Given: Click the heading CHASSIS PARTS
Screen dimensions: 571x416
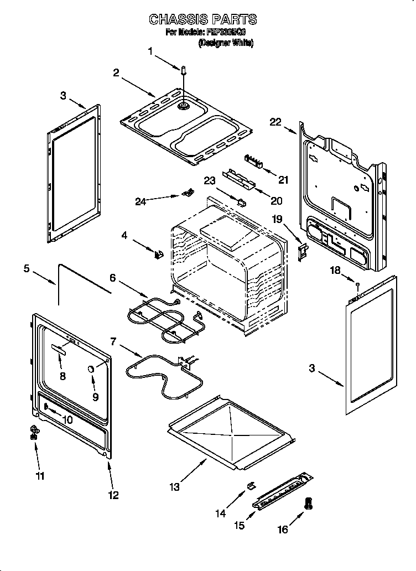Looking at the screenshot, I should click(203, 19).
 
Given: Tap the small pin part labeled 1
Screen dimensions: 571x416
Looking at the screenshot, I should click(183, 70).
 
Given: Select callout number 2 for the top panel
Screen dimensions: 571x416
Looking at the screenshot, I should click(116, 73).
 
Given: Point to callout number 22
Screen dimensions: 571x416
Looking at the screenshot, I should click(275, 122).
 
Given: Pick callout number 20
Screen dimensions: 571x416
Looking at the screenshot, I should click(275, 200).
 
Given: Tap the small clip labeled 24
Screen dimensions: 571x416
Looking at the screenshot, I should click(188, 193).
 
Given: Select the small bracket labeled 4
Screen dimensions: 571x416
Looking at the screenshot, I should click(159, 255).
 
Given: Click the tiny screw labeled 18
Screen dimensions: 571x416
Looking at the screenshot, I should click(358, 284).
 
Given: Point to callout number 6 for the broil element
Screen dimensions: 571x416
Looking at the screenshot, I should click(112, 278).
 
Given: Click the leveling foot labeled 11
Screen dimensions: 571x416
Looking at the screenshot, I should click(34, 432).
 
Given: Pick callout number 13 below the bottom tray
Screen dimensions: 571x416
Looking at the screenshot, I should click(175, 487).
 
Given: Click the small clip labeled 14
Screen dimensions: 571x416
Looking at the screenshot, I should click(250, 486).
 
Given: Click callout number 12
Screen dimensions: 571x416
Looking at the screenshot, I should click(113, 495).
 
